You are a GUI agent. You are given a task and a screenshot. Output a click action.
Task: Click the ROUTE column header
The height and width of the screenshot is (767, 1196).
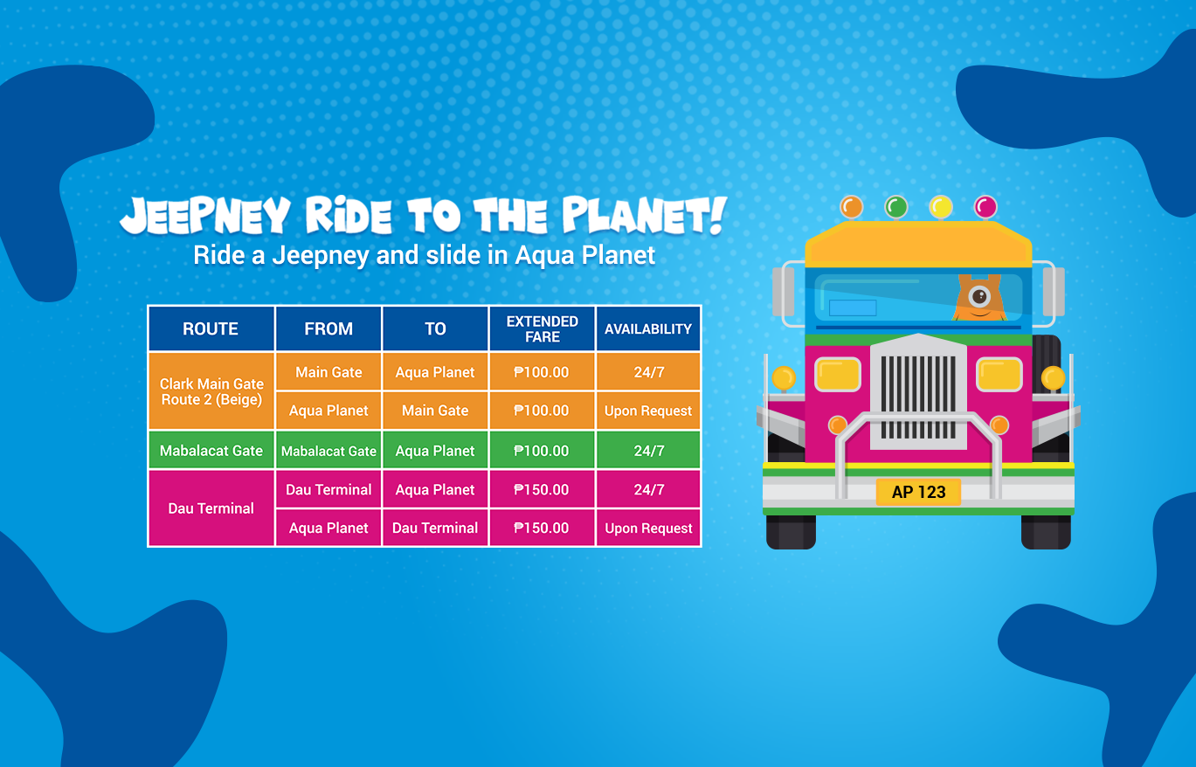(211, 328)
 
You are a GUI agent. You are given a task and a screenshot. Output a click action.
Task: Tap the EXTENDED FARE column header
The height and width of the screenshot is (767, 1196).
(542, 328)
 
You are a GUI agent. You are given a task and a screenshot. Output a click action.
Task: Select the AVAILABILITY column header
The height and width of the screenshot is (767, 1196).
(648, 328)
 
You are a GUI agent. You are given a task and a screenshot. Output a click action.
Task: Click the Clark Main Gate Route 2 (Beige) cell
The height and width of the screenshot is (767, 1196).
(211, 391)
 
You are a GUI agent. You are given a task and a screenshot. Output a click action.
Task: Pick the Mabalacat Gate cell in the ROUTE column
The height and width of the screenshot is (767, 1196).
(211, 451)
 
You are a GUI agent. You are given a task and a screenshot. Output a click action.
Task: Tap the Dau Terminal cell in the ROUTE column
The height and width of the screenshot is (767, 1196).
(211, 508)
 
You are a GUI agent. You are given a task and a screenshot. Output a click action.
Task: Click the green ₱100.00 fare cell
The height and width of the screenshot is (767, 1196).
(542, 451)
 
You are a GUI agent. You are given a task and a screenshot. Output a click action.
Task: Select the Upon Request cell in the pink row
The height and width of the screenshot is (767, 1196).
(648, 528)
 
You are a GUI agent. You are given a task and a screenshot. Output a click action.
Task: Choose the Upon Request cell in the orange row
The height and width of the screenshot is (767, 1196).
(648, 411)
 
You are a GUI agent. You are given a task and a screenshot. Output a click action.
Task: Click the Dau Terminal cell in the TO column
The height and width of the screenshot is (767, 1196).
(435, 528)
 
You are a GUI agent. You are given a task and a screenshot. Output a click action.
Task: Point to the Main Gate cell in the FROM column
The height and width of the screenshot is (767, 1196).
(328, 372)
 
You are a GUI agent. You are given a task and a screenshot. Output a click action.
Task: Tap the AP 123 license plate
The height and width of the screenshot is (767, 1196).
(918, 492)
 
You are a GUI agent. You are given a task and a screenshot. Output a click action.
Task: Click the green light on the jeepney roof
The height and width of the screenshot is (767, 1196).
(896, 206)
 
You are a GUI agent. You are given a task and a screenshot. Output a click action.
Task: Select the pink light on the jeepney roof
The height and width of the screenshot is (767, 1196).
(985, 206)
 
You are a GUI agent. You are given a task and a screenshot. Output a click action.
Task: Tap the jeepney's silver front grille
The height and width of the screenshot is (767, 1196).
(918, 392)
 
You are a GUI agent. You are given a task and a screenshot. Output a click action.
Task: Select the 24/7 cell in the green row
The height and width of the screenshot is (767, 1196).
(648, 451)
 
